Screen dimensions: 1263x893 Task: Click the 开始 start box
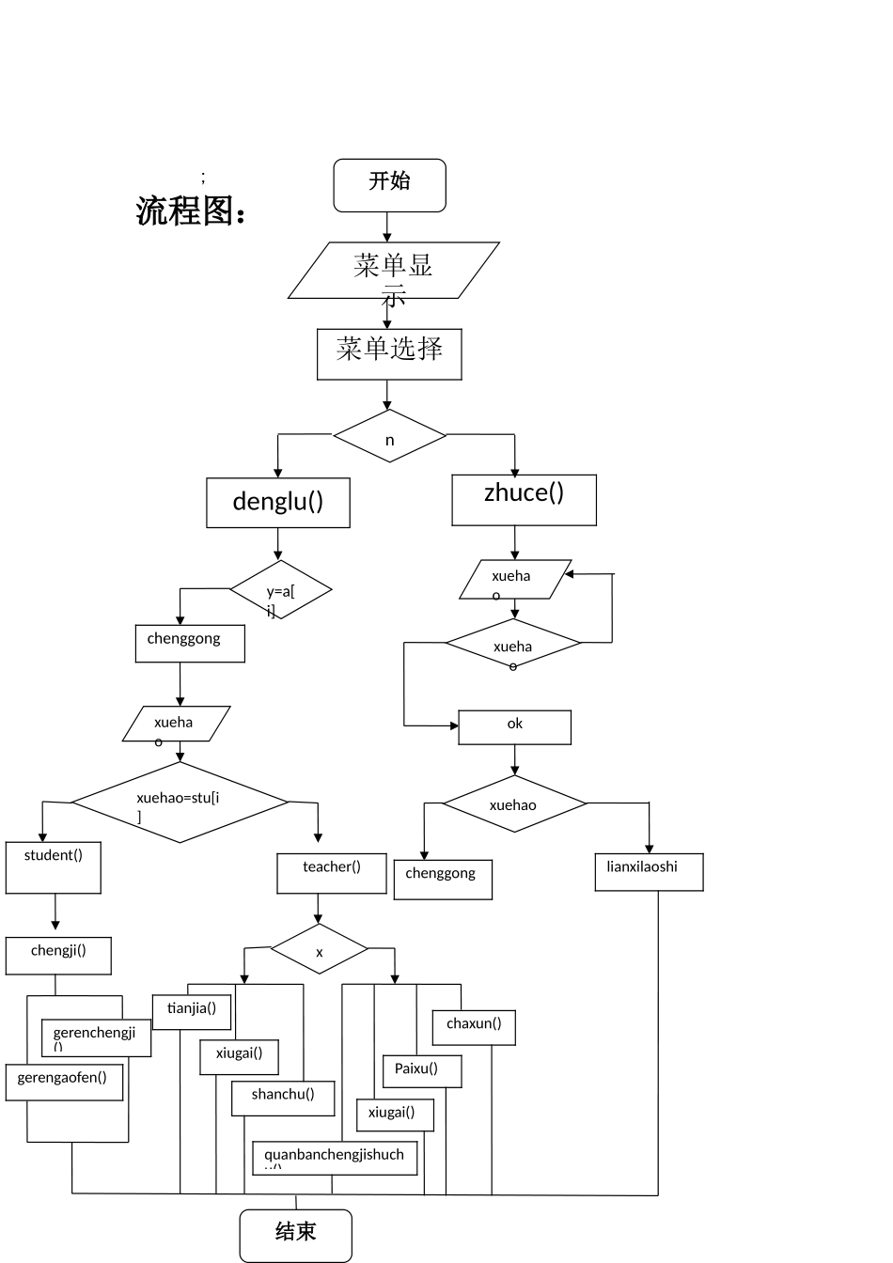point(389,184)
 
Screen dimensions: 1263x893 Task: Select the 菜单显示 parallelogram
point(393,271)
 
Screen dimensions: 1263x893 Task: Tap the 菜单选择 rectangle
point(389,353)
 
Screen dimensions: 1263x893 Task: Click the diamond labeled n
point(389,436)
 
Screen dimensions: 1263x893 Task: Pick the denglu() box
point(278,503)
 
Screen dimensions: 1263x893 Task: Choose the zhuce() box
point(524,499)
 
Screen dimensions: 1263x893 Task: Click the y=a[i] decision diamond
point(281,590)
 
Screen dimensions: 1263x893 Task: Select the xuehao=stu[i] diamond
point(180,802)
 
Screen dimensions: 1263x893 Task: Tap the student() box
point(54,867)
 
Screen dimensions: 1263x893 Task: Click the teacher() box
point(331,873)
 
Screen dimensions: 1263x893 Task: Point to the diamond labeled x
point(320,949)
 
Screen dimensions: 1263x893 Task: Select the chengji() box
point(58,955)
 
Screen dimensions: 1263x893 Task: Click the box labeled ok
point(514,727)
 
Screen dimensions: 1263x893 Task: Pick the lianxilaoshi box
point(649,872)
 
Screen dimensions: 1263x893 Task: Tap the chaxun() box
point(474,1027)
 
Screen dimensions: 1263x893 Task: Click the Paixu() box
point(422,1071)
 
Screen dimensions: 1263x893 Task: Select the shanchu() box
point(283,1099)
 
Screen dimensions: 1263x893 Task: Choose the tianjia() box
point(192,1012)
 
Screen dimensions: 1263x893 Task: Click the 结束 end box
point(295,1235)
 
